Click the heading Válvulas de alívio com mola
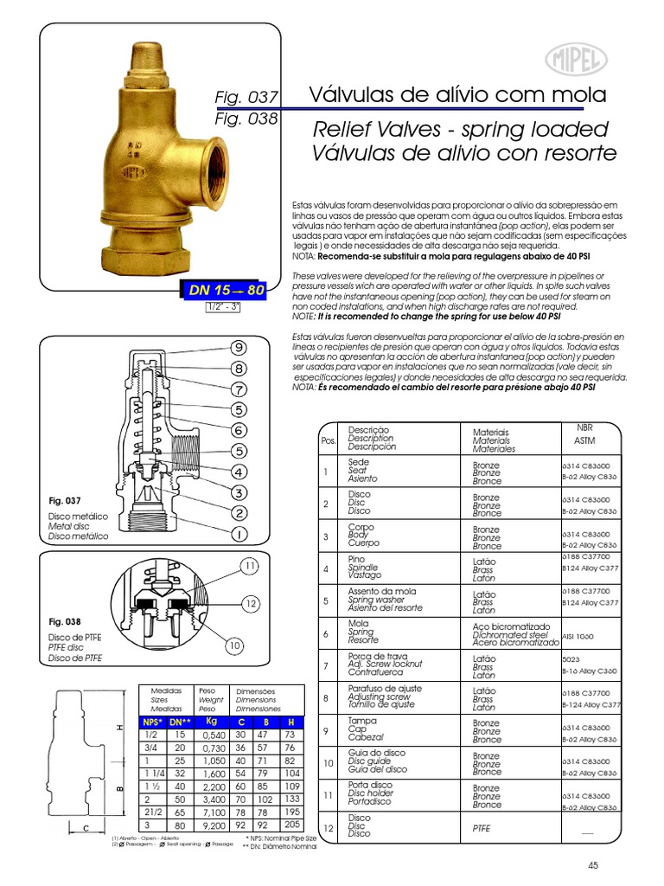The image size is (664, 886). [457, 94]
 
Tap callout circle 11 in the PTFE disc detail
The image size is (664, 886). [251, 567]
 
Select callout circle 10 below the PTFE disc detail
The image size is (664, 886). [235, 645]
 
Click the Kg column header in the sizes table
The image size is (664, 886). [211, 721]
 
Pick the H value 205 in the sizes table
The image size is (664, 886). [291, 826]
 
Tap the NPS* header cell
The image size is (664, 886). [153, 721]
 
